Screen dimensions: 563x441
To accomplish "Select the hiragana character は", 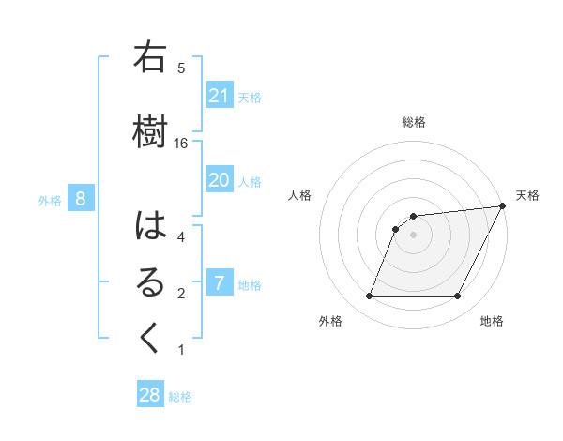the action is point(149,225).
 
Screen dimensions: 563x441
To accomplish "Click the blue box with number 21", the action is point(220,96).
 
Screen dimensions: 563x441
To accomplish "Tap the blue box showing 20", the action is point(220,180).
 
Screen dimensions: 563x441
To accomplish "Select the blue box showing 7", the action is point(220,283).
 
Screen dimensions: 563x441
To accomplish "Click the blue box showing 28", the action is point(150,395).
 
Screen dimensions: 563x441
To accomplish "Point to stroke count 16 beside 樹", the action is point(181,143).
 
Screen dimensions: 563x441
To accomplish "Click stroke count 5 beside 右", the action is point(181,68).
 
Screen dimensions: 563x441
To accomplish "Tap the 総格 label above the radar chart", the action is point(414,122).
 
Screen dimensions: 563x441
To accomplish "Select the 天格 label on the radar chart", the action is point(527,195).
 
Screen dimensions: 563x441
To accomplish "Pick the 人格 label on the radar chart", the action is point(299,195).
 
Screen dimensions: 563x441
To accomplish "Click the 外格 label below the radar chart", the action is point(330,321).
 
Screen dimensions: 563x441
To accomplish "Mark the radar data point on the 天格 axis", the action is point(503,206).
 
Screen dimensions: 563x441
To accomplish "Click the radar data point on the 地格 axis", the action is point(457,297).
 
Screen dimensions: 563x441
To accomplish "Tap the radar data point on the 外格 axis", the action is point(370,297).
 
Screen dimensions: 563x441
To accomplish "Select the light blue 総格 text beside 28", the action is point(180,396).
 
